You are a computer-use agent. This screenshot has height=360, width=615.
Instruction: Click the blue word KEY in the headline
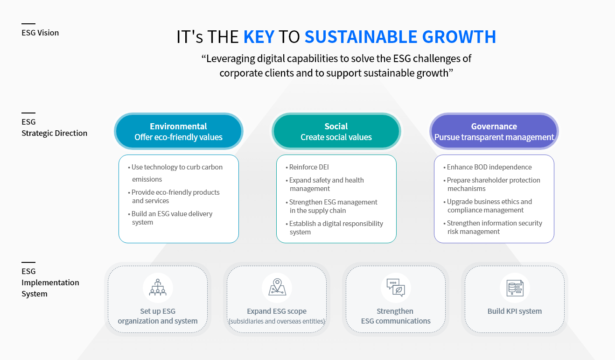259,36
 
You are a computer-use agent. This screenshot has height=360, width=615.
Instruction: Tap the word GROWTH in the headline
459,36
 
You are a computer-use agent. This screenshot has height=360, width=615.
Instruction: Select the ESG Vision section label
40,33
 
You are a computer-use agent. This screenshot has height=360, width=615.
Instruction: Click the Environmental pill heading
178,131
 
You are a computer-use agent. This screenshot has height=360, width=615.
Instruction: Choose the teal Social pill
336,131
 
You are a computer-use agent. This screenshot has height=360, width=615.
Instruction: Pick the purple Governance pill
494,131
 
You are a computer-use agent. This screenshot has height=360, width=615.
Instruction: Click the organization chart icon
158,288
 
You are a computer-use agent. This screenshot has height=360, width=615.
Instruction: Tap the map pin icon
277,287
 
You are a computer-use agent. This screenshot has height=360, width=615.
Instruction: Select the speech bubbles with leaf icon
396,288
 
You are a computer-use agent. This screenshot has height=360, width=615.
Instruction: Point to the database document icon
515,288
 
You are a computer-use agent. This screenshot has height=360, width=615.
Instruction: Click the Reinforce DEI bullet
307,167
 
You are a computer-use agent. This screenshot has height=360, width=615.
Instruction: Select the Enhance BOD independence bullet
488,167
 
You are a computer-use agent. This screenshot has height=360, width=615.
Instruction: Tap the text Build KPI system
515,311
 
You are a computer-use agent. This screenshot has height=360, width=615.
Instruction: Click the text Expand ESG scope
277,311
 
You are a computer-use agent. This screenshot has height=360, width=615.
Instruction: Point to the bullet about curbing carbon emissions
175,173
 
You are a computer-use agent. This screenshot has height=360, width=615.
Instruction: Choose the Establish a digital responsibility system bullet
334,227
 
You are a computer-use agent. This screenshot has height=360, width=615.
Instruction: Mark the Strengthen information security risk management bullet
493,227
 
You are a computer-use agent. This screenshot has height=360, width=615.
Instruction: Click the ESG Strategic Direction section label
55,127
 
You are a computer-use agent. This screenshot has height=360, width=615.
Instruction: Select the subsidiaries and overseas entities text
277,321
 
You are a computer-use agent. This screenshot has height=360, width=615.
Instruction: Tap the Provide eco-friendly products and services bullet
174,196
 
